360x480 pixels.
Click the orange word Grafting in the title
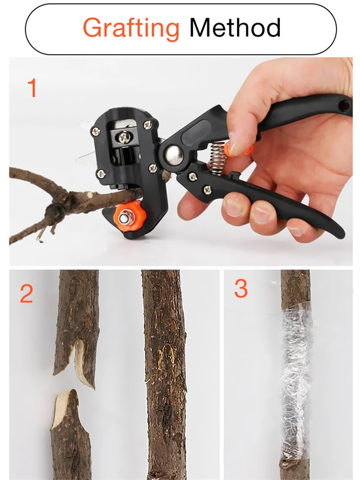pos(131,28)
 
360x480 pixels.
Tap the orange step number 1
pos(32,88)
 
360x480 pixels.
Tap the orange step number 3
pos(241,289)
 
